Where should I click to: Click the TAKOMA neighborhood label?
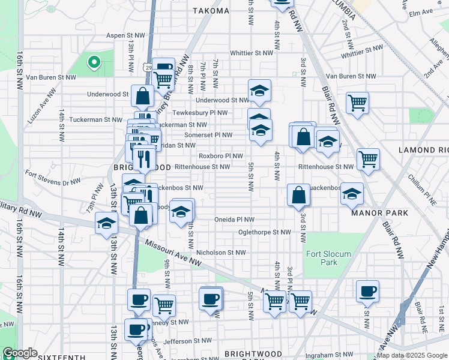coord(211,11)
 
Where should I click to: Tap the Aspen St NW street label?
coord(126,35)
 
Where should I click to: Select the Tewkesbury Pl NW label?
coord(200,112)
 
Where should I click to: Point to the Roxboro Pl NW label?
coord(220,155)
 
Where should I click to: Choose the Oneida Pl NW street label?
coord(234,220)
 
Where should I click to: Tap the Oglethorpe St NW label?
coord(264,232)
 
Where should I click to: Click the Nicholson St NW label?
coord(221,253)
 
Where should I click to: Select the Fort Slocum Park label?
coord(328,258)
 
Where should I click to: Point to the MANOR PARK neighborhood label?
coord(380,213)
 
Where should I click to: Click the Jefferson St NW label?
coord(188,340)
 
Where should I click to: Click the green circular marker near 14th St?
coord(94,61)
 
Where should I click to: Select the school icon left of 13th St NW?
coord(106,223)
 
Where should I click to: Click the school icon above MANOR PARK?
coord(352,193)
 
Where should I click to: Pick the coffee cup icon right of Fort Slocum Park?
coord(367,291)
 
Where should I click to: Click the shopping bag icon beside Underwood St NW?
coord(143,96)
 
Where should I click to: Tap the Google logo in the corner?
coord(20,353)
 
